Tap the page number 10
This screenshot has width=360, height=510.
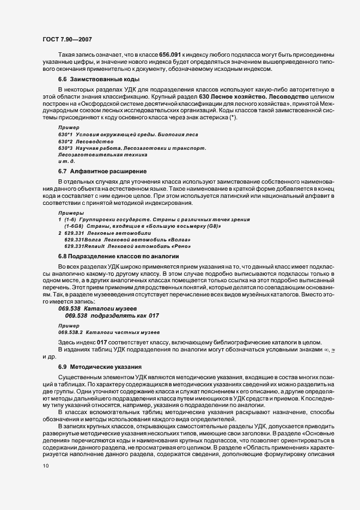pos(46,466)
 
